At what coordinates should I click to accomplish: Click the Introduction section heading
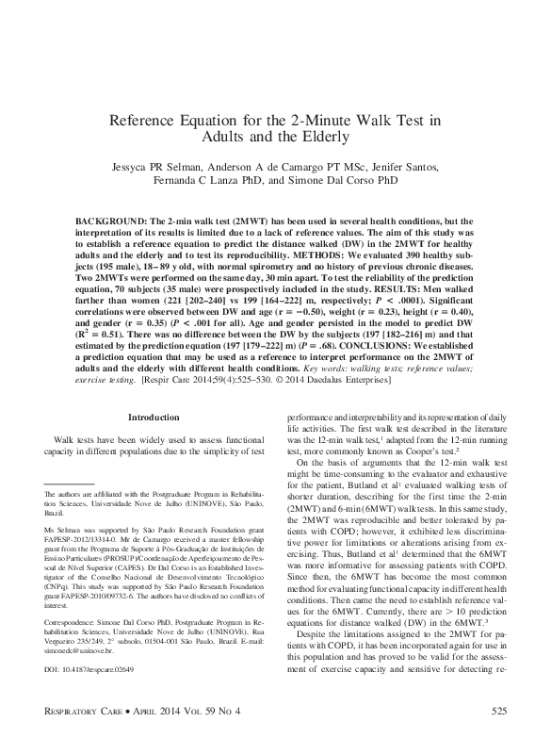coord(152,443)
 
